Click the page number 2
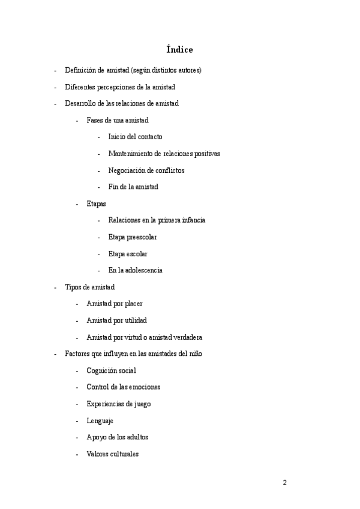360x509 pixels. [285, 483]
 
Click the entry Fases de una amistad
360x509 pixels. [118, 120]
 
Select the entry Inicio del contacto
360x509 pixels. [135, 137]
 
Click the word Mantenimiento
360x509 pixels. [134, 154]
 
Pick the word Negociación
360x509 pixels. [127, 170]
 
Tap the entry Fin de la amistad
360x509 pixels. [133, 187]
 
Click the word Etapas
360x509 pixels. [97, 203]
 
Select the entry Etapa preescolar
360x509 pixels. [133, 237]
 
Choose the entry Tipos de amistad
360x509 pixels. [89, 287]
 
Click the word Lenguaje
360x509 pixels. [100, 421]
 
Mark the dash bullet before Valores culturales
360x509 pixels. [77, 454]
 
